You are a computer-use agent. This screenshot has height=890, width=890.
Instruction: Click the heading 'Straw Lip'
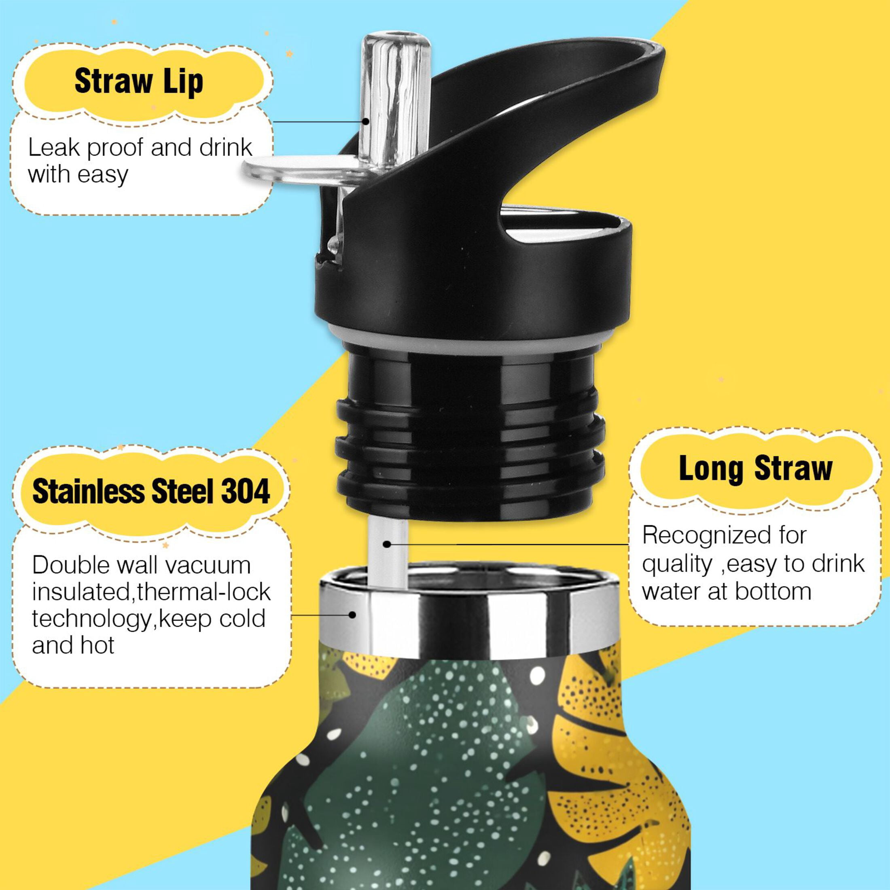(x=139, y=82)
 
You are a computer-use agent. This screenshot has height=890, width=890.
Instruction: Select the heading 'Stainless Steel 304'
(x=151, y=492)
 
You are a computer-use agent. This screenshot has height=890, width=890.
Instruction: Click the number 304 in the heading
(x=246, y=492)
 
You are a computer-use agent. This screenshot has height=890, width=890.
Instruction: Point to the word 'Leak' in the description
(x=54, y=148)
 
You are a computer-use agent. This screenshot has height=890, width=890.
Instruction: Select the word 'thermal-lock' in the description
(x=204, y=592)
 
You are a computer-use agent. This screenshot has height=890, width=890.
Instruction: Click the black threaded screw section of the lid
(x=470, y=442)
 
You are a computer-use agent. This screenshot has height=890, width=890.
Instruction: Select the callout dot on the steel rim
(x=352, y=615)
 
